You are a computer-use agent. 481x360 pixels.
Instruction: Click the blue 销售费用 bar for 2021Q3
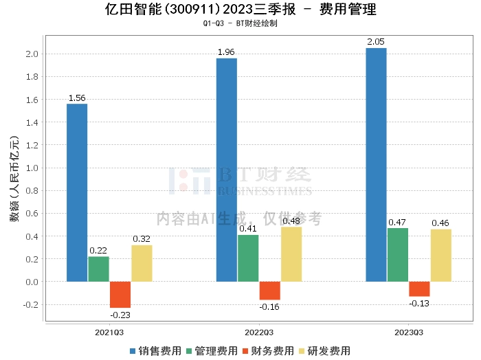(x=77, y=192)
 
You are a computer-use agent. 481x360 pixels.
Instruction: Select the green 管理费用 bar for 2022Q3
(x=248, y=258)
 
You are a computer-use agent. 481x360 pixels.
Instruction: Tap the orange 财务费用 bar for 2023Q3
(x=419, y=289)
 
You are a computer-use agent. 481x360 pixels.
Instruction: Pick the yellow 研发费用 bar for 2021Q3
(x=142, y=263)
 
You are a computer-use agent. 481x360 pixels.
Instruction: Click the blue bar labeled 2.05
(x=376, y=165)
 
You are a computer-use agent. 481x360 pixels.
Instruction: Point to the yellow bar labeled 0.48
(x=291, y=254)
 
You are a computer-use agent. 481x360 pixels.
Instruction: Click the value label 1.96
(x=226, y=52)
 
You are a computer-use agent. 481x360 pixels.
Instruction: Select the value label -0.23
(x=120, y=315)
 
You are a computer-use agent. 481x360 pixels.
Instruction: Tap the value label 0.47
(x=397, y=222)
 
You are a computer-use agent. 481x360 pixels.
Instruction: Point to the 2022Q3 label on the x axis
(x=258, y=333)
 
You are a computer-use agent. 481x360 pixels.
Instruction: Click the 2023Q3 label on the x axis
(x=408, y=333)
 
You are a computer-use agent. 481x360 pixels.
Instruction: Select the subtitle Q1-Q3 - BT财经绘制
(x=240, y=23)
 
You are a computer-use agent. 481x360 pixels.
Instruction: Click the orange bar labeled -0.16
(x=270, y=291)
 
